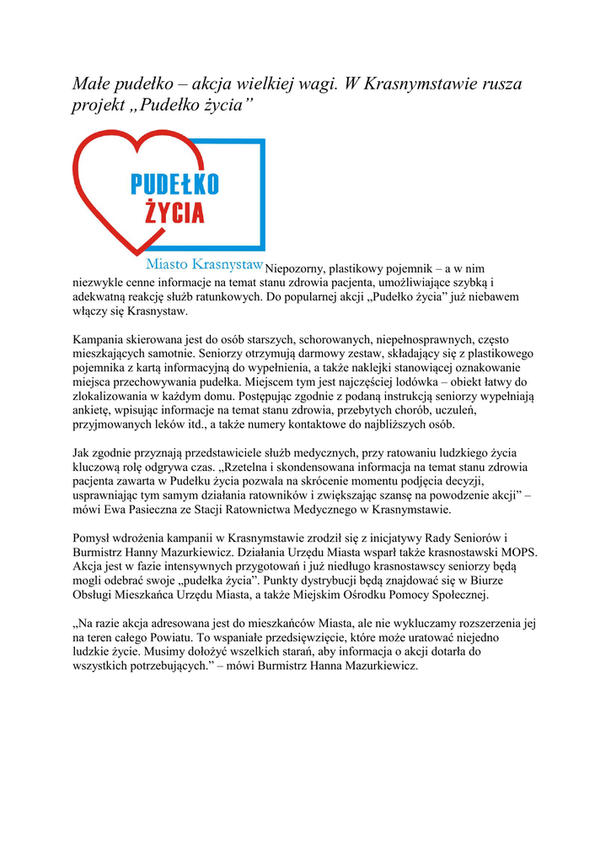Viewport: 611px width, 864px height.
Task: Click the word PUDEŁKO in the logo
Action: tap(174, 184)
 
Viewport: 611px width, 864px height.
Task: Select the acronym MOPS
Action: tap(521, 553)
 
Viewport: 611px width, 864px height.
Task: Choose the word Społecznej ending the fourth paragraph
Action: tap(453, 596)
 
